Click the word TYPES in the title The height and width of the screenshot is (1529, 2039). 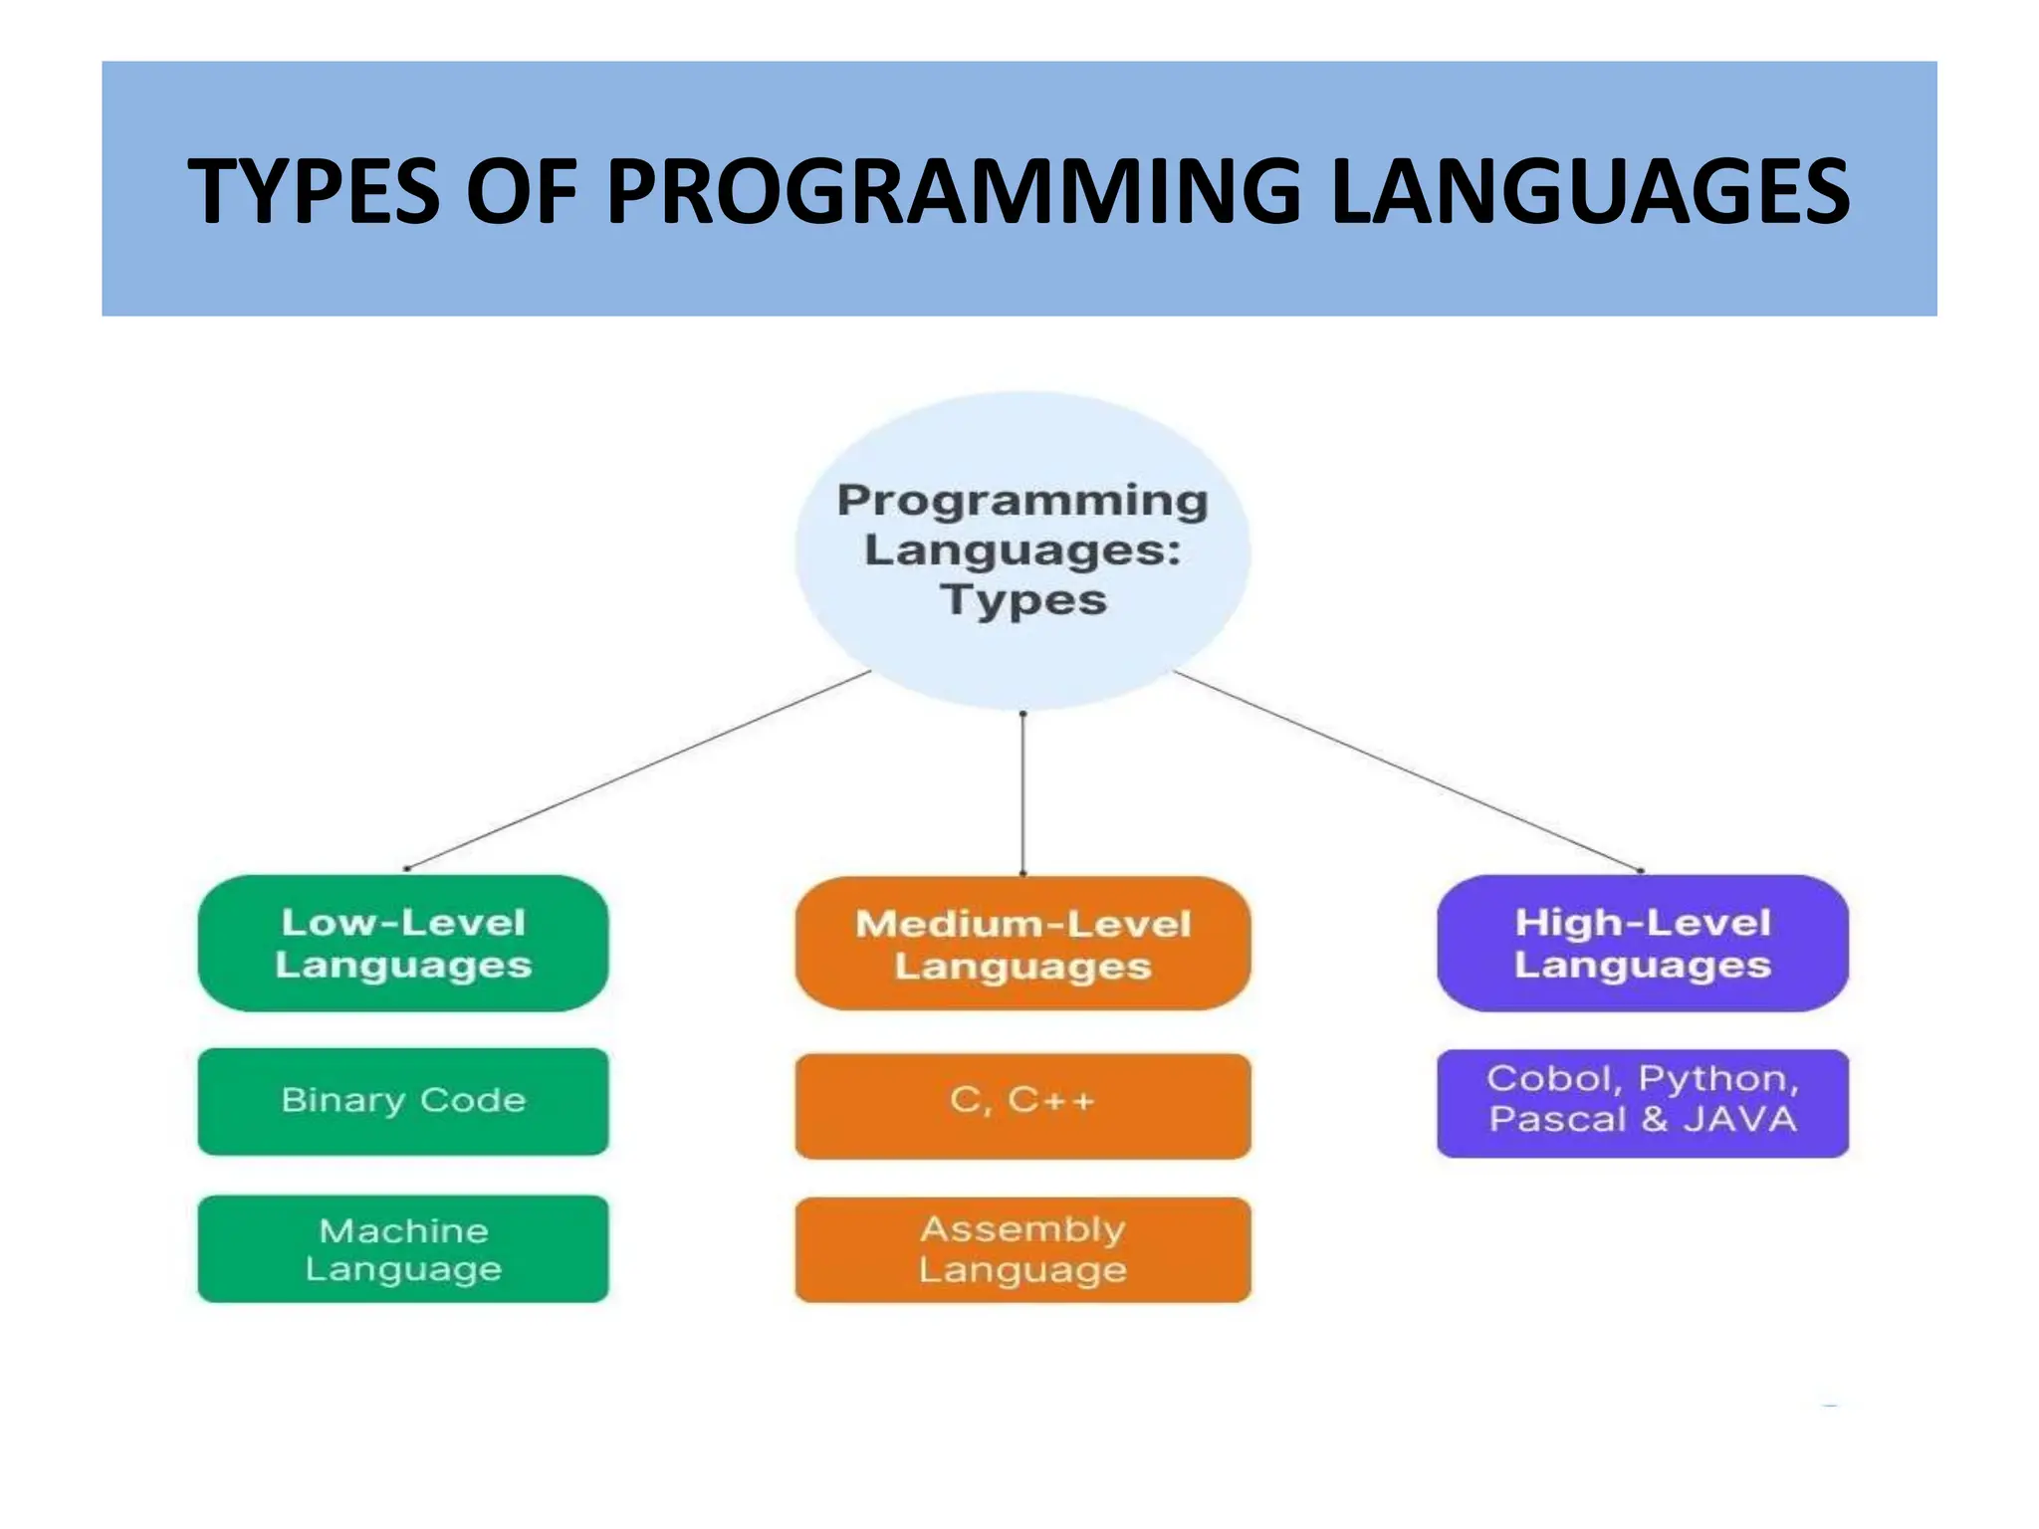(x=314, y=191)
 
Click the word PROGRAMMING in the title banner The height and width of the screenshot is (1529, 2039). (x=953, y=191)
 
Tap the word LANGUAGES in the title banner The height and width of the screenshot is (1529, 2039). (x=1590, y=191)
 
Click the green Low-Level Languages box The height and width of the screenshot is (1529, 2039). (x=403, y=944)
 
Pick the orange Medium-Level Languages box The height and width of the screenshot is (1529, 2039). (x=1022, y=945)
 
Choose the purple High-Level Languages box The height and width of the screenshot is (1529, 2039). (x=1643, y=944)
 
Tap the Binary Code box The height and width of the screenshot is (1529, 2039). (x=403, y=1101)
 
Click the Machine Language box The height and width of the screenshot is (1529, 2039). (x=403, y=1249)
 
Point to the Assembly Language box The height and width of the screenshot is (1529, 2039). (x=1022, y=1250)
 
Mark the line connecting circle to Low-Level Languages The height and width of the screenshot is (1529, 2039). (x=637, y=769)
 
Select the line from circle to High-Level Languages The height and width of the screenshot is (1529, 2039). (x=1408, y=770)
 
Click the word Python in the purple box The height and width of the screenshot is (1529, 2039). (x=1718, y=1079)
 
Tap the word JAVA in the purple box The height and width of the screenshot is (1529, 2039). (x=1740, y=1120)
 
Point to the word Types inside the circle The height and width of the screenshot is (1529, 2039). (x=1023, y=600)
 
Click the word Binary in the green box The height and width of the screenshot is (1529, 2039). (x=343, y=1101)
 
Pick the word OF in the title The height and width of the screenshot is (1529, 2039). (x=522, y=191)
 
